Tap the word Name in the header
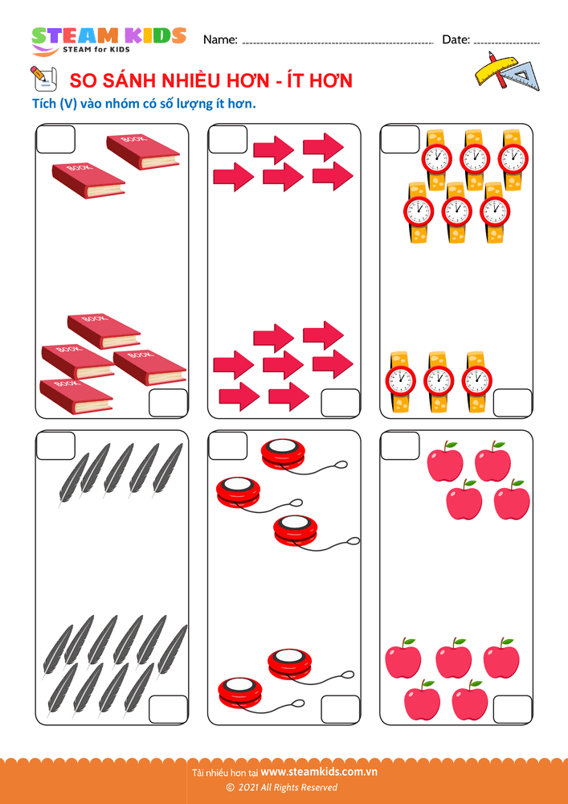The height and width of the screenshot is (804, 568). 220,40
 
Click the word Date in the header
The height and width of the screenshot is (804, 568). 456,39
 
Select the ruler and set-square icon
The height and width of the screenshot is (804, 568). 504,72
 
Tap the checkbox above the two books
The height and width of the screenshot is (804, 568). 55,139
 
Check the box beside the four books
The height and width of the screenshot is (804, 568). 168,403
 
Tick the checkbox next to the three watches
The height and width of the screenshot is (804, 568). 513,403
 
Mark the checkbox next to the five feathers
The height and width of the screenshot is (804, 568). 55,446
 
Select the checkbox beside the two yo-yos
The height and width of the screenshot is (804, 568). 341,710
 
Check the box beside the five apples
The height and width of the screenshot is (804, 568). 513,710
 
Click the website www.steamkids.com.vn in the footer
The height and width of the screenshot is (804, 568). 319,771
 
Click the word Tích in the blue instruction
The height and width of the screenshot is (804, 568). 43,104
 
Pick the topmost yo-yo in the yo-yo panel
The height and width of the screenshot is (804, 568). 284,453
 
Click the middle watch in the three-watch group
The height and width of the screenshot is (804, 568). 439,382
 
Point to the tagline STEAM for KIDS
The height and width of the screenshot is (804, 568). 96,49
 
